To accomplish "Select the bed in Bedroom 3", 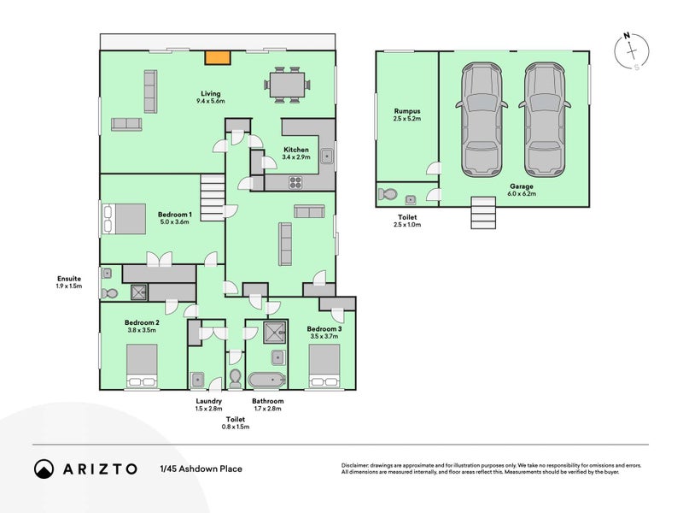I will pos(324,365).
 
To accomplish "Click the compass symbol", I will pos(632,51).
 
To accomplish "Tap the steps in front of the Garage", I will pos(483,213).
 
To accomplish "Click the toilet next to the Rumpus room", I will pos(388,194).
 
